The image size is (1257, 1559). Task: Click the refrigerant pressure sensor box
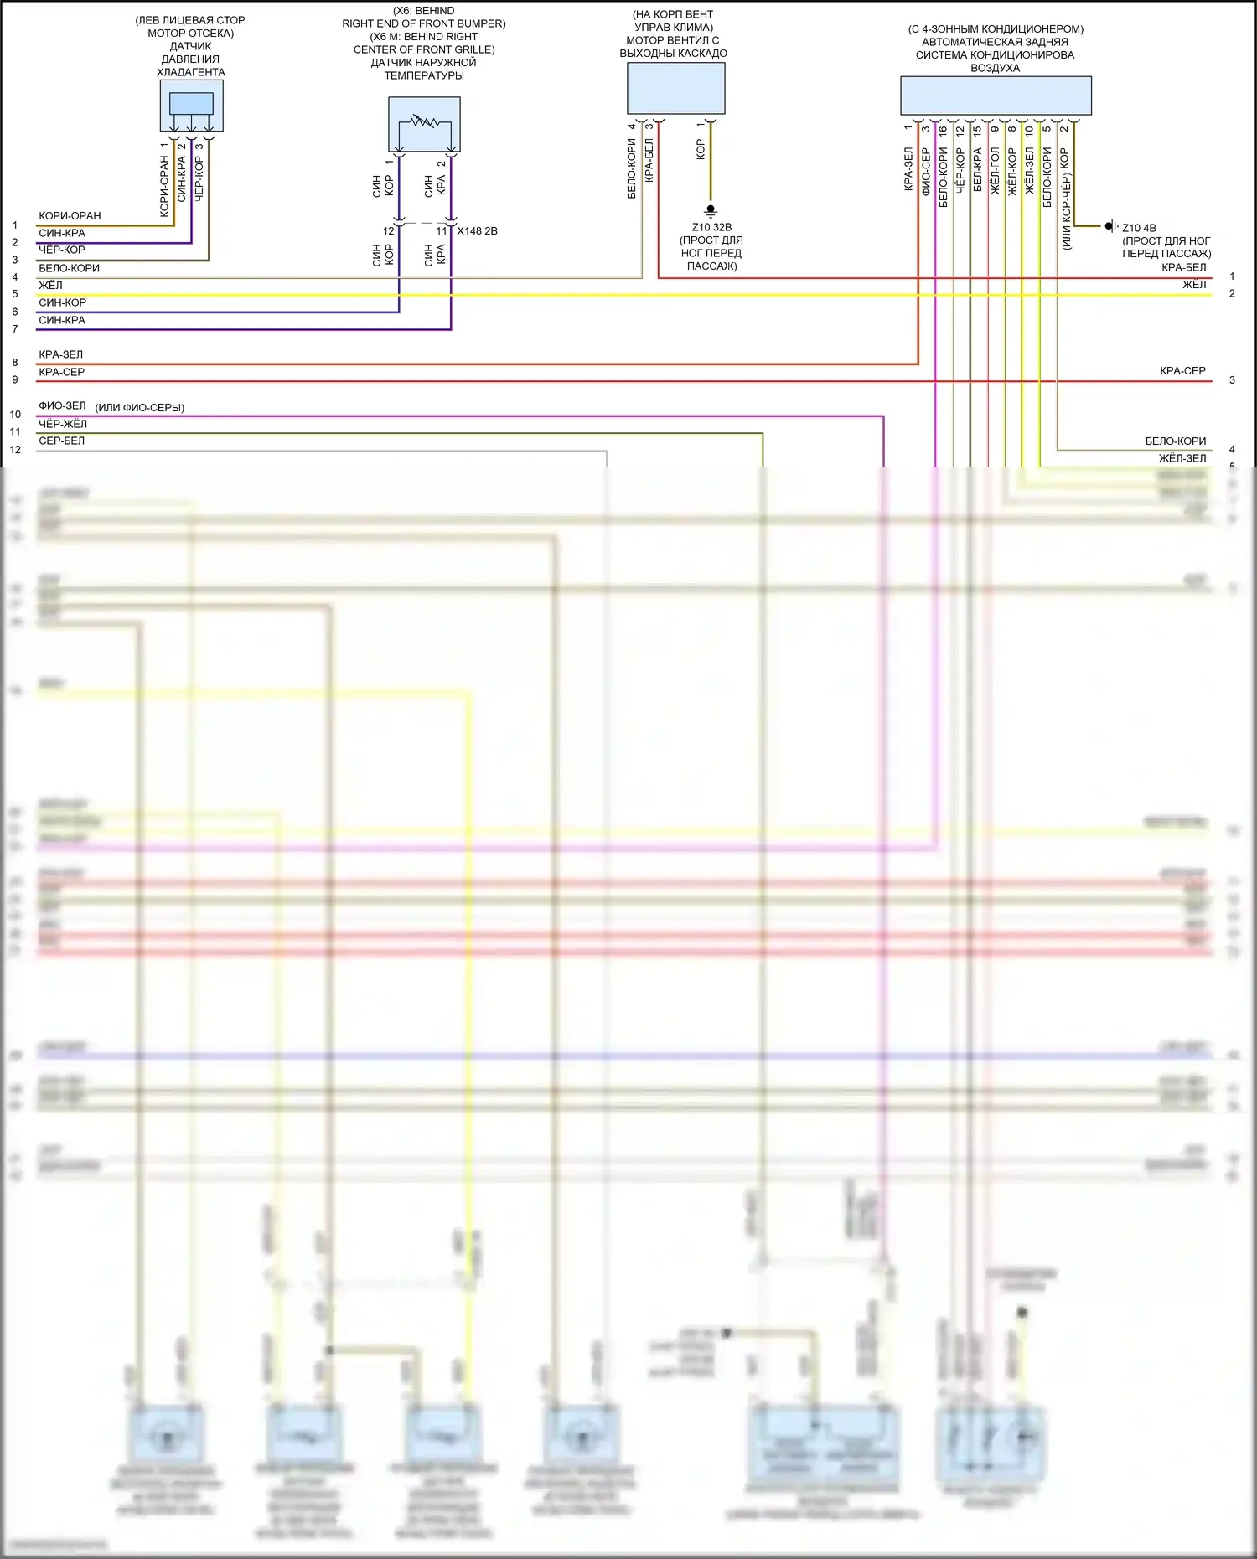click(x=191, y=106)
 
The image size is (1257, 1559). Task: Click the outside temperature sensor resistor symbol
click(x=424, y=122)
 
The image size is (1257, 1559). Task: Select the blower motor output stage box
click(x=675, y=89)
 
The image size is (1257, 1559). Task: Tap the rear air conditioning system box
click(x=996, y=96)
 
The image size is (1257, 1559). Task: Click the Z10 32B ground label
click(x=711, y=227)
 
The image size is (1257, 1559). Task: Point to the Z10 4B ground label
click(x=1139, y=228)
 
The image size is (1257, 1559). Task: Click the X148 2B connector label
click(x=477, y=231)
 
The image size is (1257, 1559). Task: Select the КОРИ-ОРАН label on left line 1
click(x=70, y=216)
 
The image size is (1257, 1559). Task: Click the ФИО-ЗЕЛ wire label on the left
click(x=62, y=405)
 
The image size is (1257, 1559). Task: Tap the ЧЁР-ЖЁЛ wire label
click(x=63, y=424)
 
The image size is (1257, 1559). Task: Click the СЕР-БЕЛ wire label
click(x=61, y=441)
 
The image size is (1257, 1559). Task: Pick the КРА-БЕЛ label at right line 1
click(x=1183, y=267)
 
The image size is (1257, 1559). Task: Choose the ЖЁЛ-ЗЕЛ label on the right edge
click(x=1182, y=458)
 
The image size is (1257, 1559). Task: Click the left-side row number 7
click(x=15, y=329)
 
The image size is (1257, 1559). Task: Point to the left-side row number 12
click(x=15, y=450)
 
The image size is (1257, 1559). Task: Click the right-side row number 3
click(x=1232, y=380)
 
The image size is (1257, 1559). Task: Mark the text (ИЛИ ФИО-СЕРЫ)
click(x=140, y=408)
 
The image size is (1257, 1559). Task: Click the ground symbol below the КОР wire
click(x=711, y=209)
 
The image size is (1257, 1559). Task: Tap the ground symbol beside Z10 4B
click(x=1110, y=226)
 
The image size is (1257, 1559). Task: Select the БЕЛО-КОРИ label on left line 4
click(x=69, y=268)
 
